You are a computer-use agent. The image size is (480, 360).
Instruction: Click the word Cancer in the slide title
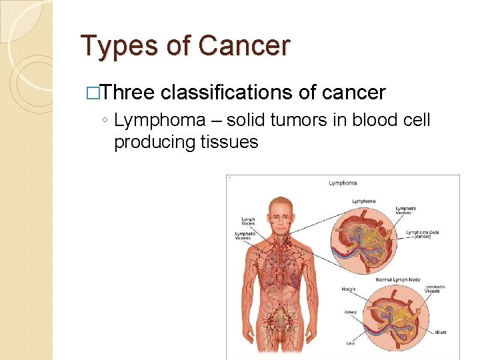(245, 45)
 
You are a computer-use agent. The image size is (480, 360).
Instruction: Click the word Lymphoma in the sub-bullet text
(160, 121)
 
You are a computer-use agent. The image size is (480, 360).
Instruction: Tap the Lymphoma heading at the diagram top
(343, 183)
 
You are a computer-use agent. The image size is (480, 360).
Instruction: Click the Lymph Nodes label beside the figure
(248, 221)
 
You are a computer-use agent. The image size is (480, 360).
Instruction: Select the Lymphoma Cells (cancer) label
(421, 234)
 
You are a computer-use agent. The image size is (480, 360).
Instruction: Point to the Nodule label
(349, 289)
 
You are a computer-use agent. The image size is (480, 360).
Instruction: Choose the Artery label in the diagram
(351, 311)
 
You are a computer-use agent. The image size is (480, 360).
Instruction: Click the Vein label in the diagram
(350, 344)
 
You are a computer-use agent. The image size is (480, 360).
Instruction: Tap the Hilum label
(441, 332)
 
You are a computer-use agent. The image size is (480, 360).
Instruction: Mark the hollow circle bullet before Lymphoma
(106, 121)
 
